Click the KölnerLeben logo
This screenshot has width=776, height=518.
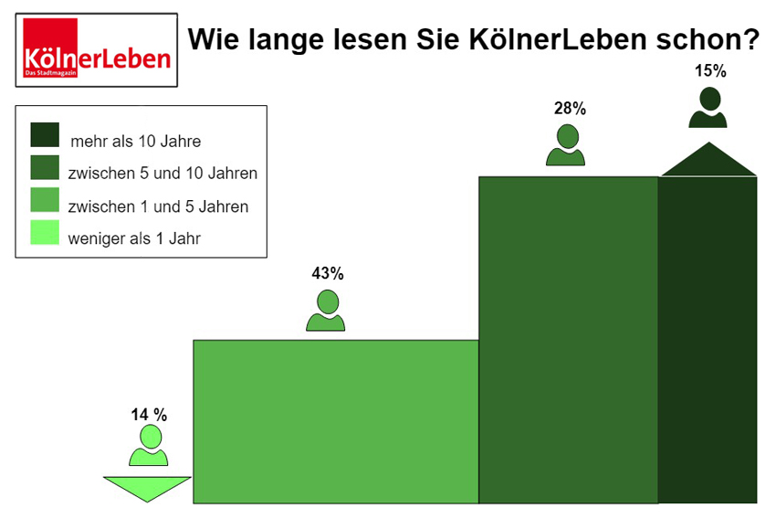click(97, 50)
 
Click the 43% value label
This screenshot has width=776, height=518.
click(327, 273)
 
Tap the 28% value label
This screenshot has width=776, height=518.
click(569, 109)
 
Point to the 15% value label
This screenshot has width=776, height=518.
click(709, 70)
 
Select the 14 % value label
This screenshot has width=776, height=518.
click(149, 415)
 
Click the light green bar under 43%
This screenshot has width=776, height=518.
click(335, 421)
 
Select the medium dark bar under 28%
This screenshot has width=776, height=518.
click(568, 339)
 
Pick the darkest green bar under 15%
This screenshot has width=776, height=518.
click(708, 339)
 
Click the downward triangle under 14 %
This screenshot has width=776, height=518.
click(147, 487)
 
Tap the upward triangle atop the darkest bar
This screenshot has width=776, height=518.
click(708, 163)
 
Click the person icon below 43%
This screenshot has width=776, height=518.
click(326, 311)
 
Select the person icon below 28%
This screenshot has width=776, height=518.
click(566, 145)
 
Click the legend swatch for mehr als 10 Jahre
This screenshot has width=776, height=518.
click(45, 135)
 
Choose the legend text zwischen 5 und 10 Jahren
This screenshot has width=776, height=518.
click(163, 173)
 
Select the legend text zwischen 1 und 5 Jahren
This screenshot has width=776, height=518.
click(158, 206)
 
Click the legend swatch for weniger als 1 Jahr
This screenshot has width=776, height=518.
click(45, 234)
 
